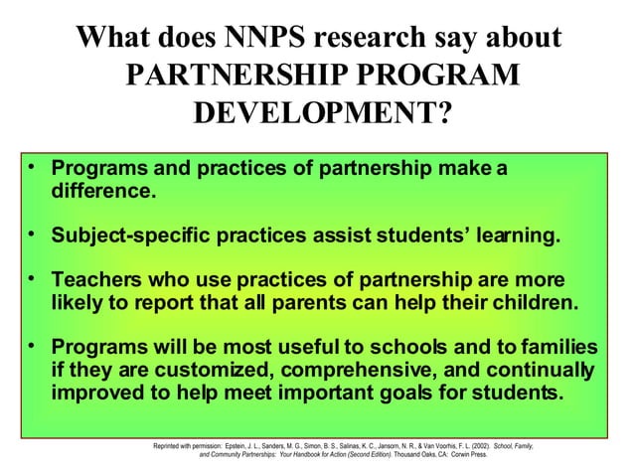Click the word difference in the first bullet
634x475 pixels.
101,189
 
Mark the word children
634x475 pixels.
529,302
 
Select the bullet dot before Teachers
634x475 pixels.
33,279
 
